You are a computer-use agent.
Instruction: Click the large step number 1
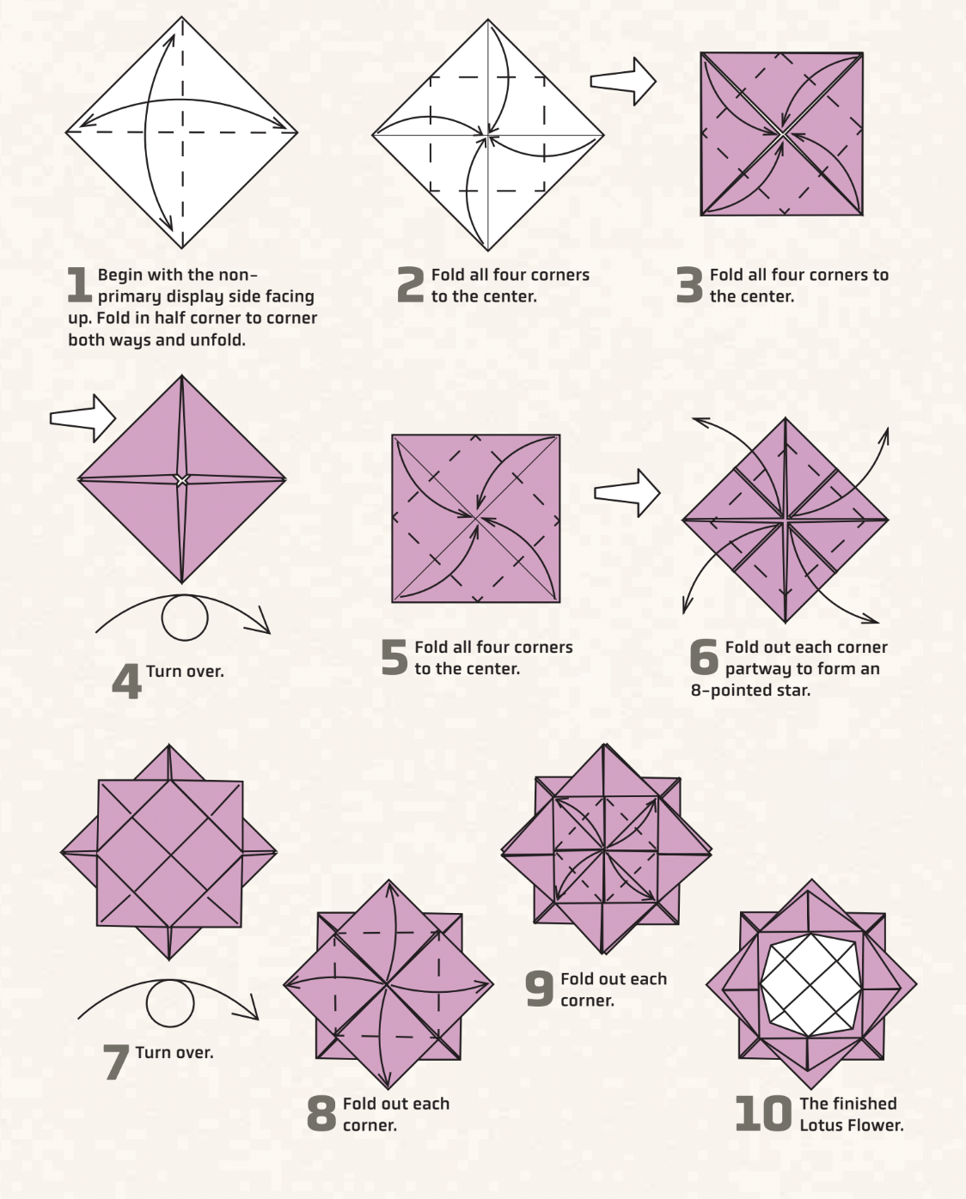[x=79, y=285]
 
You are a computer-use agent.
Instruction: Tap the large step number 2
[x=411, y=285]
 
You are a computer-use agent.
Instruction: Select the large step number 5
[x=394, y=658]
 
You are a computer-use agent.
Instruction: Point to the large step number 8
[x=321, y=1114]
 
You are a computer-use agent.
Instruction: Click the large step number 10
[x=762, y=1114]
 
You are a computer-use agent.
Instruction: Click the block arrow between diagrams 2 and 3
[x=623, y=82]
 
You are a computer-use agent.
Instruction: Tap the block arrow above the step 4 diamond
[x=83, y=418]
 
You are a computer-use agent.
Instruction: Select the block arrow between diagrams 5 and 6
[x=627, y=493]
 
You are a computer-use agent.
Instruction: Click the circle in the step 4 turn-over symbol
[x=185, y=618]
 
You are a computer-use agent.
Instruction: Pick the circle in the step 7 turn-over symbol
[x=169, y=1002]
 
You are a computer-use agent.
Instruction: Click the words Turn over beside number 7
[x=174, y=1053]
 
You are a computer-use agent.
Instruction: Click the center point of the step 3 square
[x=782, y=134]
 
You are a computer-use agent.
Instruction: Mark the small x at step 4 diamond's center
[x=181, y=480]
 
